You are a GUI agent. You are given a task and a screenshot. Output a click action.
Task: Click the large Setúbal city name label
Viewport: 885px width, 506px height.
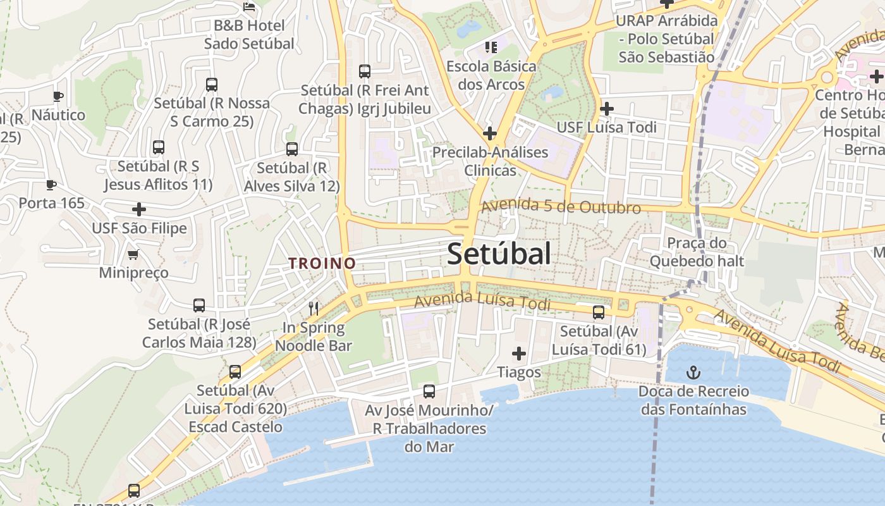pyautogui.click(x=499, y=254)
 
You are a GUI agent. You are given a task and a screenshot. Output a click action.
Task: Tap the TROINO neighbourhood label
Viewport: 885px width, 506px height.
pyautogui.click(x=322, y=263)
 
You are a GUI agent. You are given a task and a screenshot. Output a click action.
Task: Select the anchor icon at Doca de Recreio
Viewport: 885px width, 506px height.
pyautogui.click(x=693, y=372)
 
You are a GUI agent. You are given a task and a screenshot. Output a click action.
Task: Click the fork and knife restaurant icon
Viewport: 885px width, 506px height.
pyautogui.click(x=314, y=308)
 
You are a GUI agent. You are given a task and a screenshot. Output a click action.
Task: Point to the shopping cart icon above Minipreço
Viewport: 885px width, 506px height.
pyautogui.click(x=133, y=254)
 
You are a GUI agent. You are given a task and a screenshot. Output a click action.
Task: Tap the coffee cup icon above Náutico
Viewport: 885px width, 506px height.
pyautogui.click(x=58, y=96)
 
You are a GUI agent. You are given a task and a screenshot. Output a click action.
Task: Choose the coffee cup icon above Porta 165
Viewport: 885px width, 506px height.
pyautogui.click(x=51, y=185)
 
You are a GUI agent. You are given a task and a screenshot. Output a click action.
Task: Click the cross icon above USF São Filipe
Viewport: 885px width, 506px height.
pyautogui.click(x=139, y=209)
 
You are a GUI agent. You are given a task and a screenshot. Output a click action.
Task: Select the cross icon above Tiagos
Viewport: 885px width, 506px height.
pyautogui.click(x=519, y=353)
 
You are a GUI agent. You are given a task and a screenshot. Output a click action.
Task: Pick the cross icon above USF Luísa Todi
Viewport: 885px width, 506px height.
pyautogui.click(x=607, y=109)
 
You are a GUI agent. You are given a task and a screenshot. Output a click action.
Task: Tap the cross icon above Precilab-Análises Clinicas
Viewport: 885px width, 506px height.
pyautogui.click(x=489, y=133)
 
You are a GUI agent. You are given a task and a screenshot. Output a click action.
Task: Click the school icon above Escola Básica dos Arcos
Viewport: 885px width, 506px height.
pyautogui.click(x=491, y=47)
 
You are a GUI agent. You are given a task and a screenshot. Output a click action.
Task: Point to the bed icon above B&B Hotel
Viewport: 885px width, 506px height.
pyautogui.click(x=249, y=7)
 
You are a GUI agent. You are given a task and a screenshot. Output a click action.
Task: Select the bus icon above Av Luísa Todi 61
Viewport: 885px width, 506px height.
pyautogui.click(x=598, y=312)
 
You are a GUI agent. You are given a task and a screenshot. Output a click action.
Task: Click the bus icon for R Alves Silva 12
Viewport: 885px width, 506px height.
pyautogui.click(x=291, y=149)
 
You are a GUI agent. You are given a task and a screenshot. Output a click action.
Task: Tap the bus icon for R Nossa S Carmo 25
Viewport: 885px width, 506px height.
pyautogui.click(x=212, y=84)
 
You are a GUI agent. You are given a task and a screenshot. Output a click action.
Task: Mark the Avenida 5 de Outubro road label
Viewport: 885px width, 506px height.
pyautogui.click(x=561, y=207)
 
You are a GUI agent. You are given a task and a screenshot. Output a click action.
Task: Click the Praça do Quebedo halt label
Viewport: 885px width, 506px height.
pyautogui.click(x=697, y=252)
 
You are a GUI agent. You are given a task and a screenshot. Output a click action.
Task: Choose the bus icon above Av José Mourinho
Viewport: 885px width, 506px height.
pyautogui.click(x=429, y=392)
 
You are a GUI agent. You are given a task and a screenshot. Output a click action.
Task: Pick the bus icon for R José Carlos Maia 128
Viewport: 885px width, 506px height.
pyautogui.click(x=199, y=305)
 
